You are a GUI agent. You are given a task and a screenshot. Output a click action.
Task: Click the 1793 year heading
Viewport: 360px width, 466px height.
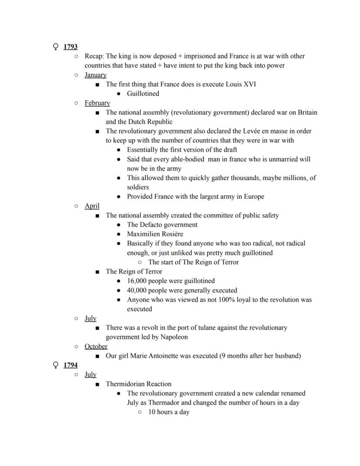(x=70, y=47)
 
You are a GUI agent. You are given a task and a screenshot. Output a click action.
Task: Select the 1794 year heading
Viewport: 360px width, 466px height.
(x=70, y=365)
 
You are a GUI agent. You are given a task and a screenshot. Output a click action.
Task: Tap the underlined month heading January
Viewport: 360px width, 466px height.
(x=95, y=75)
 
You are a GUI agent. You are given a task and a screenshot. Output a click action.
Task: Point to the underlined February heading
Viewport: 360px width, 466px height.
(x=97, y=103)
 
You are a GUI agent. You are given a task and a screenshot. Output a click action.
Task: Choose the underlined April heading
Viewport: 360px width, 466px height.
(x=92, y=206)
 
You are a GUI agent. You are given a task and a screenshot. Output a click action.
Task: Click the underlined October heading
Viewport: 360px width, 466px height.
(x=96, y=346)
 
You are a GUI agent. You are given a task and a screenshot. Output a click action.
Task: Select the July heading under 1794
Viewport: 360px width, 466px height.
(x=90, y=375)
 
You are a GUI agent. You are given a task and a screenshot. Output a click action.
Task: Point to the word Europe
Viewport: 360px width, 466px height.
(x=253, y=197)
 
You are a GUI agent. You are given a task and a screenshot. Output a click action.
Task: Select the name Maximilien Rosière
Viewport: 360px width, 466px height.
(x=155, y=234)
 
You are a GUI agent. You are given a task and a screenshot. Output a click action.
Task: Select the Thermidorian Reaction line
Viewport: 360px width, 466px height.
(x=138, y=384)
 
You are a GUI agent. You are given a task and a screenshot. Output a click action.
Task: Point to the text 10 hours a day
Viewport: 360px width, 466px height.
(x=169, y=412)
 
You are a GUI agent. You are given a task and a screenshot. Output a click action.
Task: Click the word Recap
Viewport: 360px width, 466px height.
(x=94, y=56)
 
